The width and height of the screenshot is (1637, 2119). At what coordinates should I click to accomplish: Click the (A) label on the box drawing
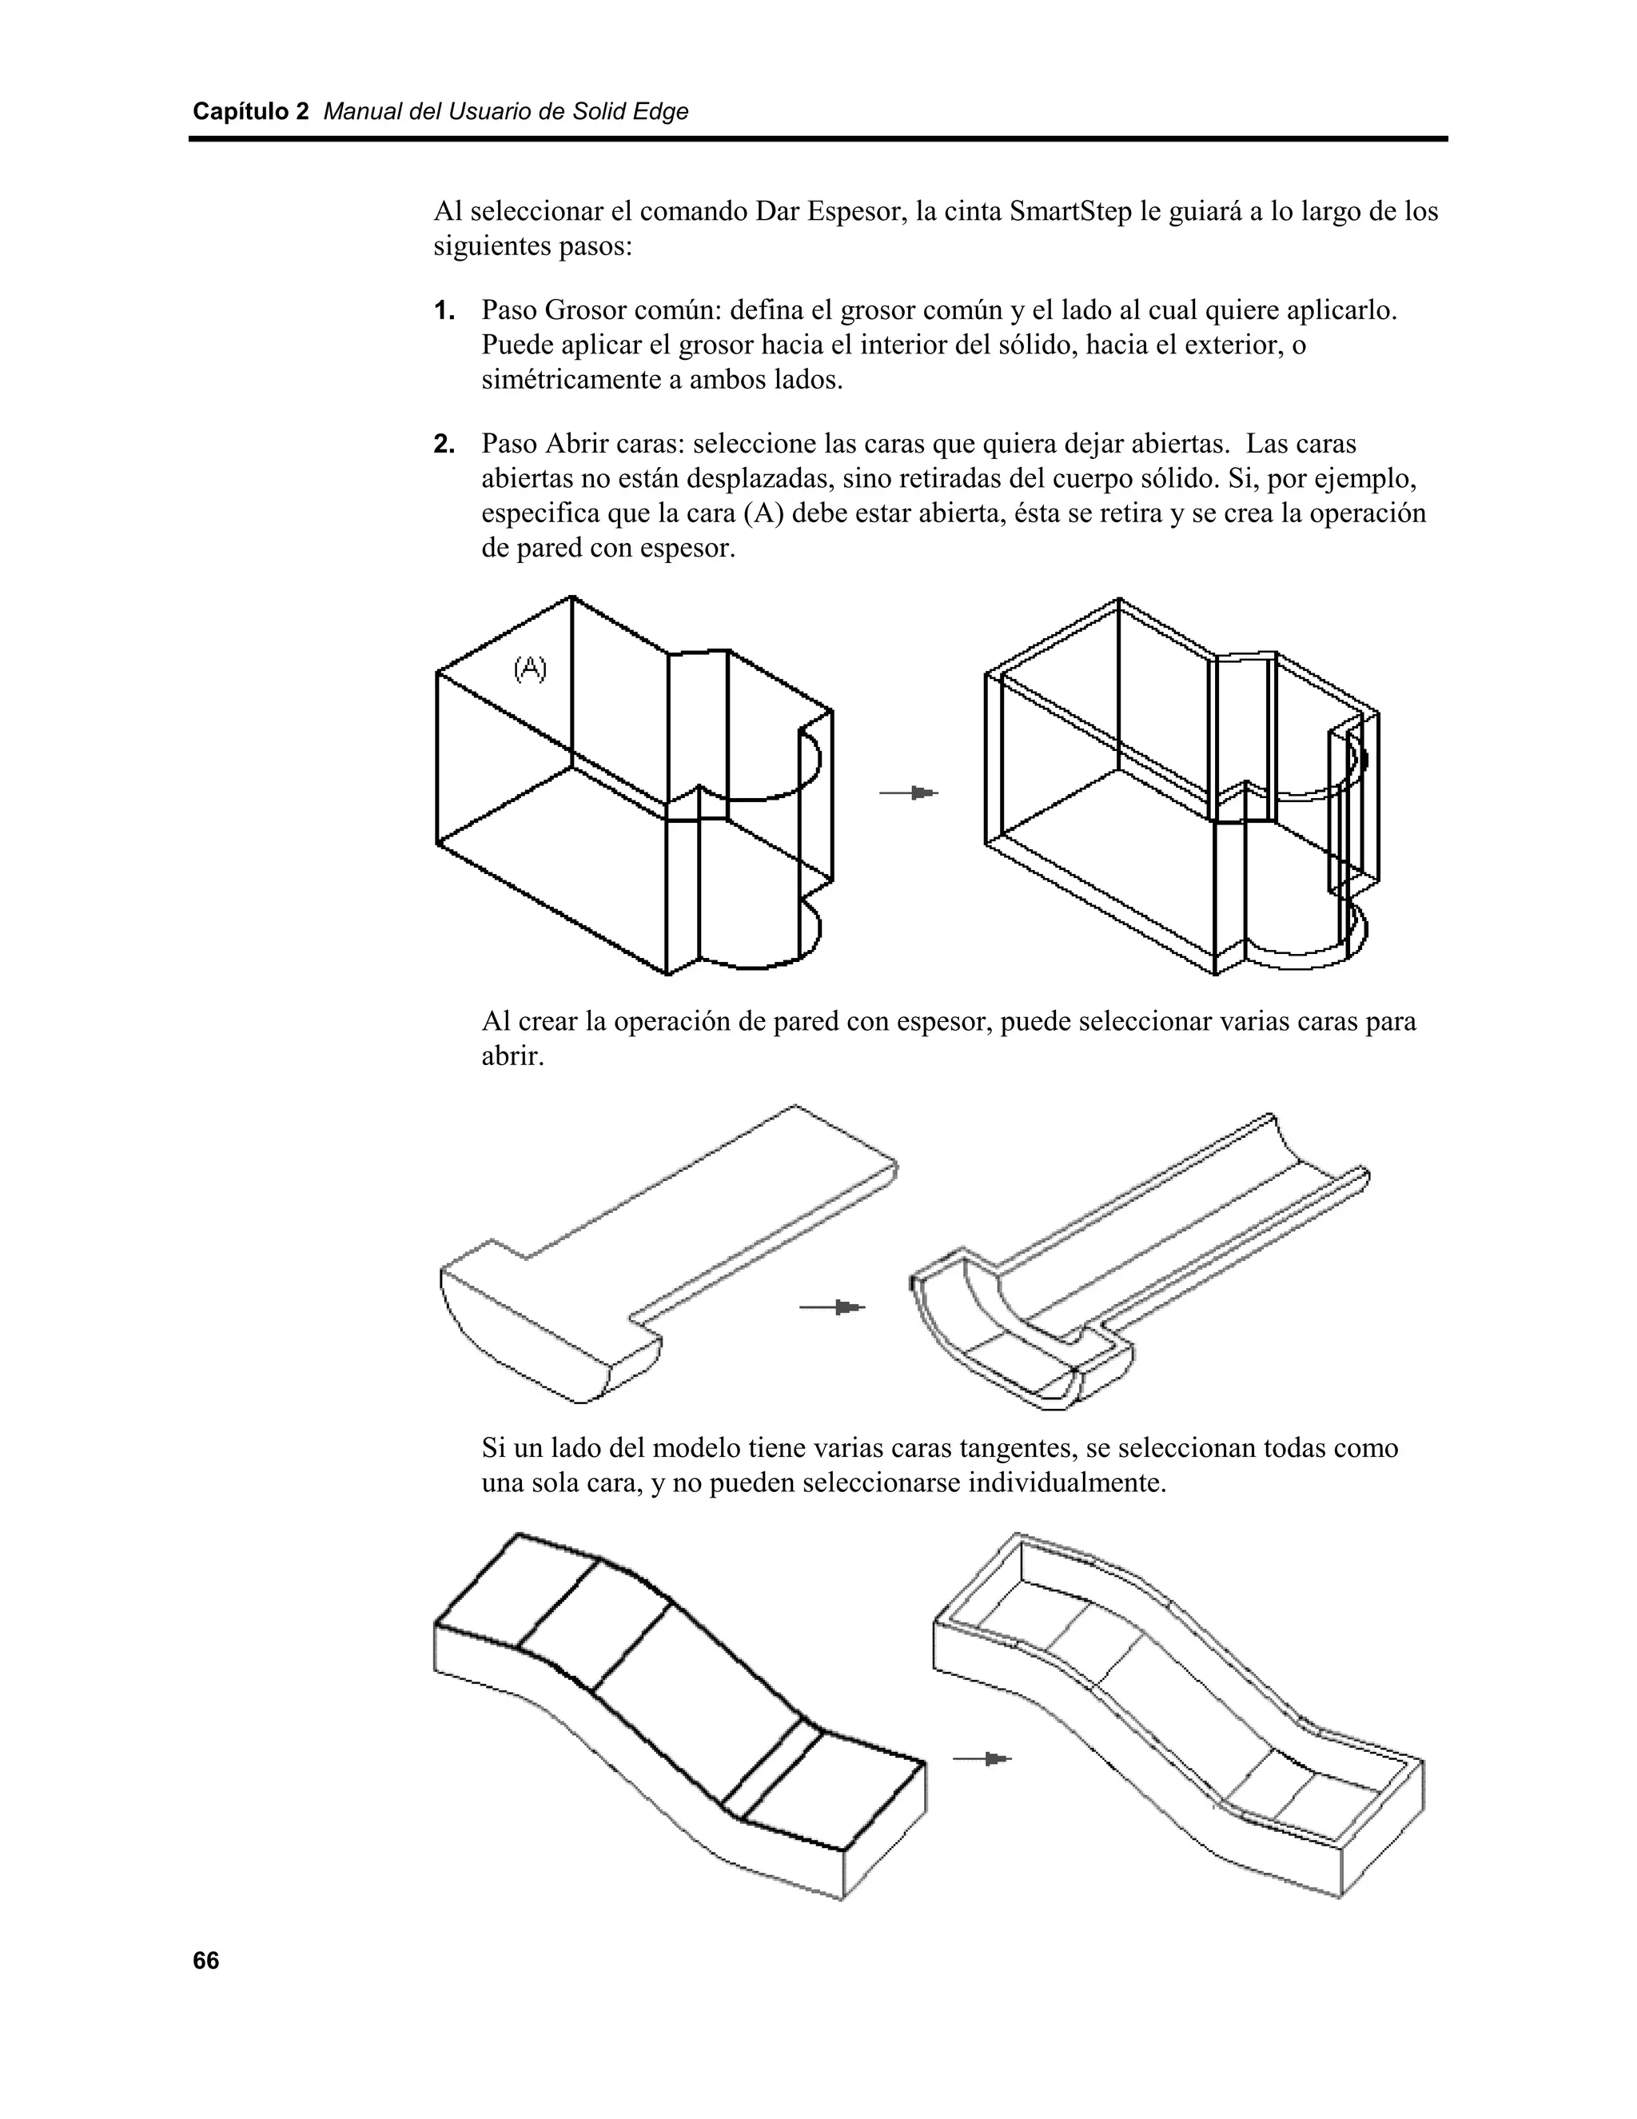[529, 668]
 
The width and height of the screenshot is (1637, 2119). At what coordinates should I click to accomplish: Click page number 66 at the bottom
[205, 1961]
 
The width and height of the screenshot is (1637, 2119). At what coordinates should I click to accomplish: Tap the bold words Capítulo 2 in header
[250, 112]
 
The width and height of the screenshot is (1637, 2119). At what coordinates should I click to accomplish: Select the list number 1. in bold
[444, 311]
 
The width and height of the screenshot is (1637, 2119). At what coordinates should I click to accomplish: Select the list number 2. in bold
[444, 445]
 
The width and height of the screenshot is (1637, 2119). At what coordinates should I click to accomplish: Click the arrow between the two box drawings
[909, 794]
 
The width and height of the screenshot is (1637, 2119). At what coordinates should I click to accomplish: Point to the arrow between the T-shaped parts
[831, 1308]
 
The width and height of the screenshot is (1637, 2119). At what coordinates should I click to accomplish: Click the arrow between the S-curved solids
[982, 1758]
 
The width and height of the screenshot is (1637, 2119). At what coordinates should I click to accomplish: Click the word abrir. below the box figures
[513, 1056]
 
